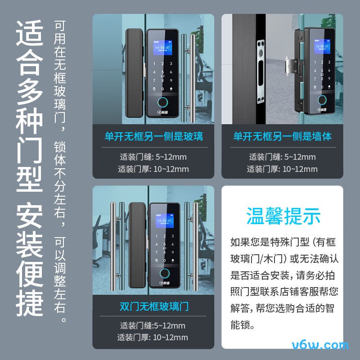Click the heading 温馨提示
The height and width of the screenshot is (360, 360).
(x=283, y=216)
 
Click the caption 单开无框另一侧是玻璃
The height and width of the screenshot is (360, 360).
(x=153, y=136)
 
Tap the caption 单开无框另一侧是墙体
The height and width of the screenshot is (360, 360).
(x=282, y=136)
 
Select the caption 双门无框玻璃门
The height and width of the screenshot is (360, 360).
(x=153, y=307)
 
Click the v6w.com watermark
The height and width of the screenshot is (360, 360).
(x=320, y=346)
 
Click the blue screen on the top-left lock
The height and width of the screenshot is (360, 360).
(x=162, y=50)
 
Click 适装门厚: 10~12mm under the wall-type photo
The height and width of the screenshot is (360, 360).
(x=282, y=169)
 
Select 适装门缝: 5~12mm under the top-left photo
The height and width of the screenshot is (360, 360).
(x=153, y=157)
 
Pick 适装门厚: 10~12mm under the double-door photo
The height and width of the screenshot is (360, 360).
(x=153, y=337)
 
